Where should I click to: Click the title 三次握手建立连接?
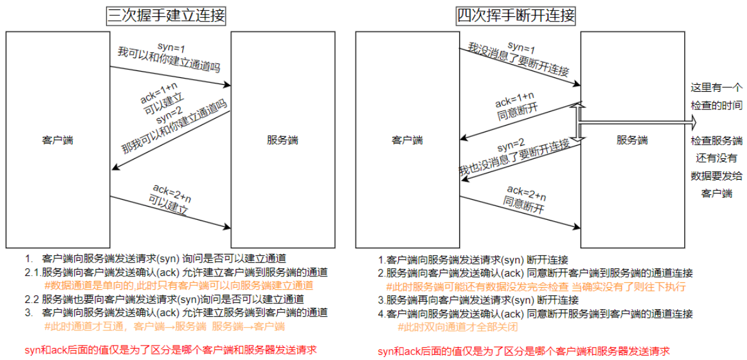pos(165,15)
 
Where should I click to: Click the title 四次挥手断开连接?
pos(515,15)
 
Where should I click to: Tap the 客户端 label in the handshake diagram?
pos(57,140)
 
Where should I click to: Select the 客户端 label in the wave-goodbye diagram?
pos(407,140)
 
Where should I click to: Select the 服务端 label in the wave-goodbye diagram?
pos(631,140)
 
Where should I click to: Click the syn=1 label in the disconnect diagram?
pos(521,47)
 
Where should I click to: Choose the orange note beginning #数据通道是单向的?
pos(179,286)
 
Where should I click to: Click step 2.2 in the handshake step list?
pos(164,299)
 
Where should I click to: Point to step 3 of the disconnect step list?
pos(478,300)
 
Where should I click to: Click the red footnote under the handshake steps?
pos(170,349)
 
